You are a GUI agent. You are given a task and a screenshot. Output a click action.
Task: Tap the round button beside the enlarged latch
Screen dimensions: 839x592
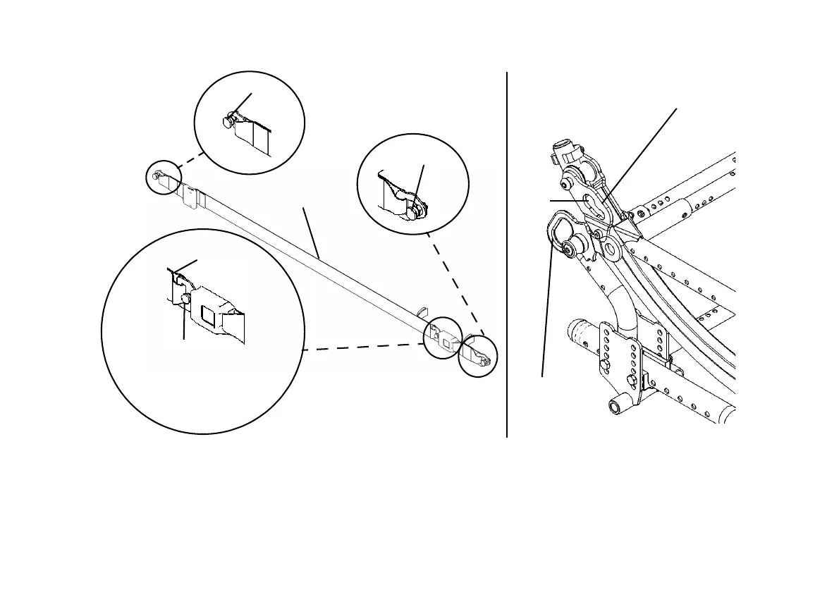click(x=185, y=300)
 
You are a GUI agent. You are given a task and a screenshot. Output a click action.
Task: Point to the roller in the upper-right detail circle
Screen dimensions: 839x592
click(x=415, y=209)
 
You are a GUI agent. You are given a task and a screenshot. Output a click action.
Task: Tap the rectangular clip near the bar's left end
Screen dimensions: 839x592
click(x=190, y=197)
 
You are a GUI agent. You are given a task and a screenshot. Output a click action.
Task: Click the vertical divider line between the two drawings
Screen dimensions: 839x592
click(x=507, y=254)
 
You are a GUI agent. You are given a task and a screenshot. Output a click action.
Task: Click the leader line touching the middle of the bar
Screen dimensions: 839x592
click(x=312, y=233)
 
